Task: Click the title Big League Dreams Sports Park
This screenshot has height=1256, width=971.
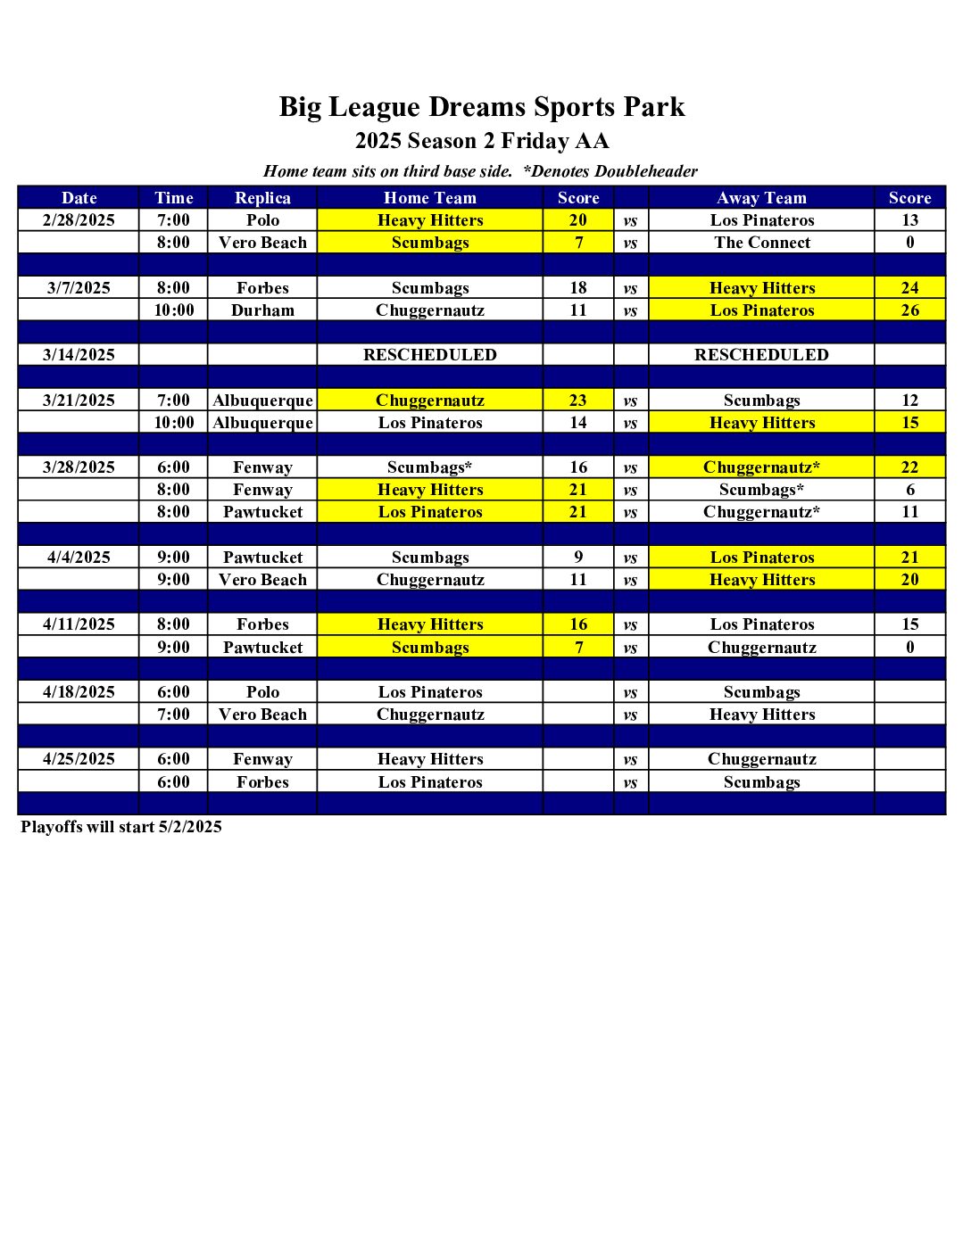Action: pos(482,107)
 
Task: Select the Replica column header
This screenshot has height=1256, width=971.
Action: pos(262,198)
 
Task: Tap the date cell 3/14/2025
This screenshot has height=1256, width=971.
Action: pos(79,355)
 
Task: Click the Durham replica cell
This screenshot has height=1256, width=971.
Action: pos(262,310)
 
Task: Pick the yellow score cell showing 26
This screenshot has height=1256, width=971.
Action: pos(909,310)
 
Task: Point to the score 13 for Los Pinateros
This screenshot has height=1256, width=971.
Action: pos(909,220)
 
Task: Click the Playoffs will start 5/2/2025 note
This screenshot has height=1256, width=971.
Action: pos(121,827)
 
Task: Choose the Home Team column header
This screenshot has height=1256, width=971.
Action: pos(430,198)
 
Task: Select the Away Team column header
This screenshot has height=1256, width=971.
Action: pos(761,198)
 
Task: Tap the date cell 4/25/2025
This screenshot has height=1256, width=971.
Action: pos(79,759)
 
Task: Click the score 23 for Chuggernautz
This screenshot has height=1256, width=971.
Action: pos(578,401)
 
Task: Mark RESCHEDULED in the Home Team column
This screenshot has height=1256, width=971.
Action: pos(430,355)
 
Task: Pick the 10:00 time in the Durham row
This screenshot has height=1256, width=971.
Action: pos(173,310)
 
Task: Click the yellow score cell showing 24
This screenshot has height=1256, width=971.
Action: pos(909,288)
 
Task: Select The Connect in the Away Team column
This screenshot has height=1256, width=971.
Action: pos(762,243)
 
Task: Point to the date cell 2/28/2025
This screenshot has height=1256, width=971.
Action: pos(79,220)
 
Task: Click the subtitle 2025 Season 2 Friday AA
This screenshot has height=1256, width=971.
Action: pos(482,141)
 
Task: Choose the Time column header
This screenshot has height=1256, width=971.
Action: pos(173,198)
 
